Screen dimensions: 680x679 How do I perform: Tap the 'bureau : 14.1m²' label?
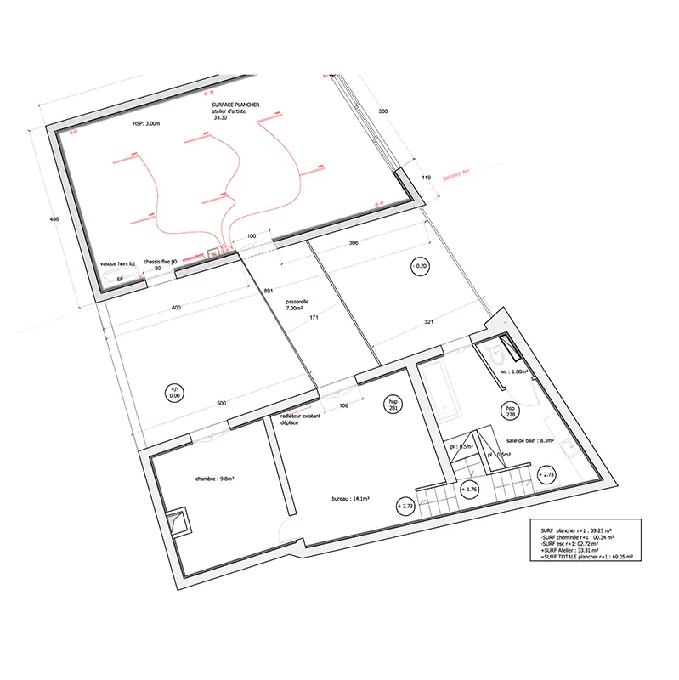coord(349,500)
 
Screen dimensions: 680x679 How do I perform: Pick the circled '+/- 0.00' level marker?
coord(175,392)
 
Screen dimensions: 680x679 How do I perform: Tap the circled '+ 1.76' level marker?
coord(470,490)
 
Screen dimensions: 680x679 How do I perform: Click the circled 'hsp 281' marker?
coord(393,405)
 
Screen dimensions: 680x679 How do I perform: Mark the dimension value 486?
coord(54,220)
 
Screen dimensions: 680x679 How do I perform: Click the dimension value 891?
coord(269,291)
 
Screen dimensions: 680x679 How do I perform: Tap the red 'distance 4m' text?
coord(455,176)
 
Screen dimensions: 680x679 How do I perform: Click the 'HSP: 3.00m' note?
coord(145,124)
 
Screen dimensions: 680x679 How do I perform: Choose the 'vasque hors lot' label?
coord(118,264)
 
